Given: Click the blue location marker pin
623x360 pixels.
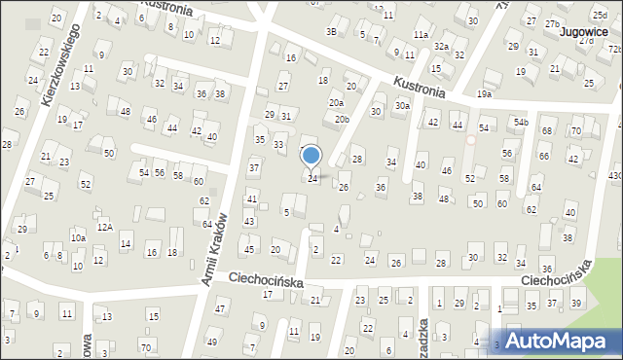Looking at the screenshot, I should (x=311, y=157).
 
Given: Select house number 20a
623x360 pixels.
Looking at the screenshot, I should (x=336, y=102).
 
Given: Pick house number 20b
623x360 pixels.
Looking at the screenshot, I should (x=341, y=119).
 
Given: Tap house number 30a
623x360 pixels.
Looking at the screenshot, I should (x=402, y=105).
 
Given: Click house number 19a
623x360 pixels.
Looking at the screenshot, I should (x=485, y=94).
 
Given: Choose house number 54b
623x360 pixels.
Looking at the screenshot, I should (x=522, y=122).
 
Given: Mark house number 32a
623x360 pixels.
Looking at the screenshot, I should (x=442, y=47).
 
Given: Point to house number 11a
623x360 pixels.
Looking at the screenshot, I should (x=420, y=34).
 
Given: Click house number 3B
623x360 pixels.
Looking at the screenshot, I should (x=331, y=32).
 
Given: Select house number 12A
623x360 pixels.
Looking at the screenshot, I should (x=104, y=227).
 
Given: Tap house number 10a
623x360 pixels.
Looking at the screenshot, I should (x=78, y=237).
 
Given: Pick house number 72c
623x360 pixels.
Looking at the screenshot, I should (x=615, y=49).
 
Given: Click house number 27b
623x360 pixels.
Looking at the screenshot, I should (x=553, y=22).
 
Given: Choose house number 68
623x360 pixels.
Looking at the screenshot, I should (x=546, y=131).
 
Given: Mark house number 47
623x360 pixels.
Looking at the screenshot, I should (x=220, y=308).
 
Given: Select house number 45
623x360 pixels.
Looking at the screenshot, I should (x=248, y=250).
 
